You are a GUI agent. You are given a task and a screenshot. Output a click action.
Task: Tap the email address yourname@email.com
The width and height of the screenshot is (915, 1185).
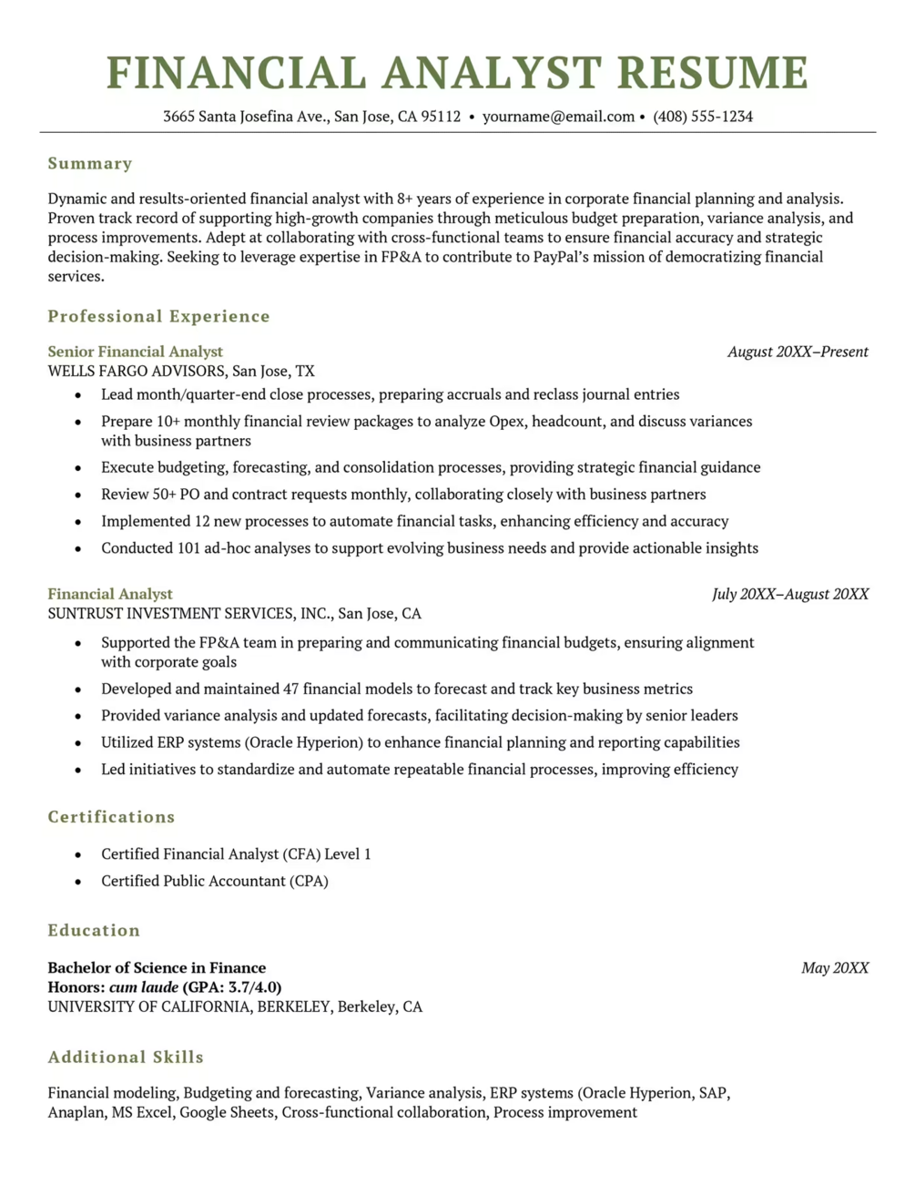pyautogui.click(x=558, y=117)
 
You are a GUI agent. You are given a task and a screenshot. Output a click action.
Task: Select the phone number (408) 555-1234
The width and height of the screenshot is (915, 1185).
pyautogui.click(x=703, y=117)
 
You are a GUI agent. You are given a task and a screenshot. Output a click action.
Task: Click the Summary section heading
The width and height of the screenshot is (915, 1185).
pyautogui.click(x=90, y=164)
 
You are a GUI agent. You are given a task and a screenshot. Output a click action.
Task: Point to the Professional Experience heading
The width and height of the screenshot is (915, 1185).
pyautogui.click(x=159, y=317)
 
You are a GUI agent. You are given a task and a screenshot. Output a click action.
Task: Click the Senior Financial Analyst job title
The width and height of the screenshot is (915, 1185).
pyautogui.click(x=135, y=352)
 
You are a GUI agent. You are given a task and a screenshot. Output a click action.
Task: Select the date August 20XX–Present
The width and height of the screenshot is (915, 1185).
pyautogui.click(x=798, y=352)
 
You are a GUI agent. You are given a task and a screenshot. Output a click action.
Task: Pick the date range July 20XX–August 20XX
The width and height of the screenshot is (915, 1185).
pyautogui.click(x=790, y=594)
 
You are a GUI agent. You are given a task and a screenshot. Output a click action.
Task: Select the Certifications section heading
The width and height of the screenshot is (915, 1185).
pyautogui.click(x=111, y=817)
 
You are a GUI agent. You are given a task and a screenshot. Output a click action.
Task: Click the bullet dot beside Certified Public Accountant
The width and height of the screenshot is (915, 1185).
pyautogui.click(x=79, y=882)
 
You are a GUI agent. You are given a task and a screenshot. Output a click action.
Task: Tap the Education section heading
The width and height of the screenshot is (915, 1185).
pyautogui.click(x=94, y=931)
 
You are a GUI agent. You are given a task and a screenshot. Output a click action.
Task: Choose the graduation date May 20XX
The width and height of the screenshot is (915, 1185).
pyautogui.click(x=835, y=968)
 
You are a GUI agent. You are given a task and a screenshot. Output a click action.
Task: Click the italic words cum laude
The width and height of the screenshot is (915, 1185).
pyautogui.click(x=144, y=987)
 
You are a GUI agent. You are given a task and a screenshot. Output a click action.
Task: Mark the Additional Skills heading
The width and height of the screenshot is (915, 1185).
pyautogui.click(x=126, y=1057)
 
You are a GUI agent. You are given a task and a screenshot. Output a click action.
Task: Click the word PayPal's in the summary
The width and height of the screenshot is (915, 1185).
pyautogui.click(x=565, y=257)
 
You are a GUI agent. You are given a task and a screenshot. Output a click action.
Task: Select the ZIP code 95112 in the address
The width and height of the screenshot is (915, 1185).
pyautogui.click(x=441, y=117)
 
